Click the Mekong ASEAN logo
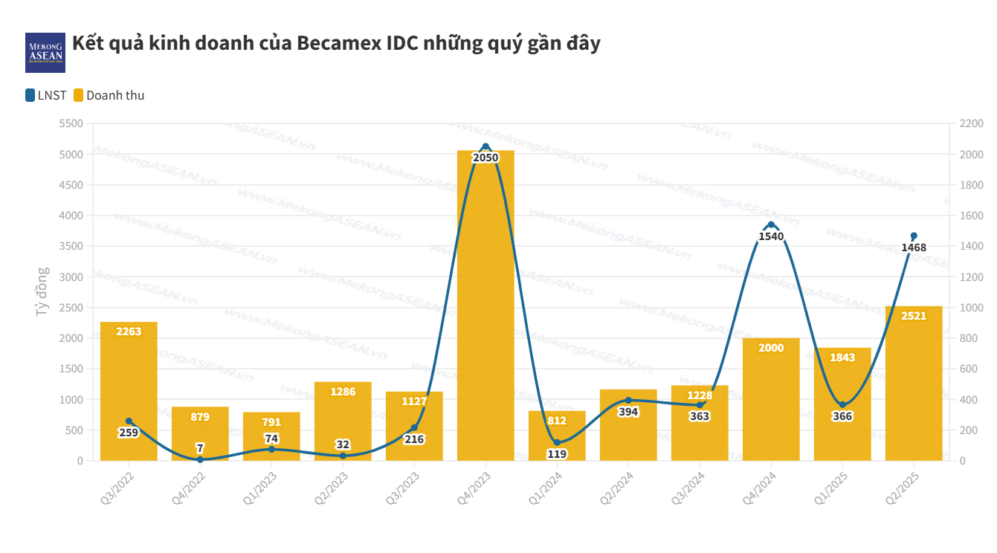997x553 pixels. click(45, 53)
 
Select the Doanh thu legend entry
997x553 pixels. click(109, 95)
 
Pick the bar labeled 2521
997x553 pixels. click(914, 387)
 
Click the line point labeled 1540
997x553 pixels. click(771, 224)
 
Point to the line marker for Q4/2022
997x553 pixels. click(200, 459)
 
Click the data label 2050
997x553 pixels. click(485, 158)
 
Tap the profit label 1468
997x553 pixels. click(914, 248)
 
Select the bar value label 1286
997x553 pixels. click(343, 392)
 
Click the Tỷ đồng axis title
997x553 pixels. click(42, 292)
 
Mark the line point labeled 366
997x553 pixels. click(842, 405)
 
